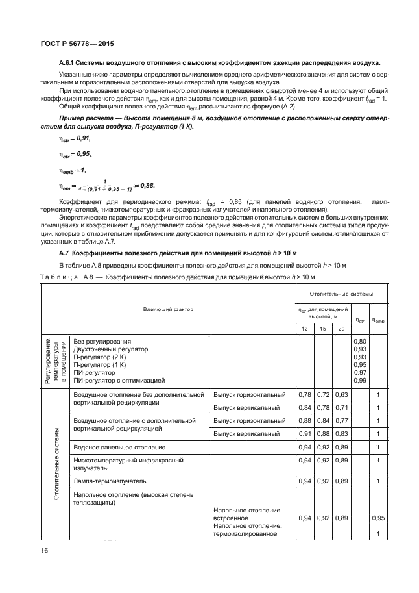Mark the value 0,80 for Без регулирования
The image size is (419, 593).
[359, 341]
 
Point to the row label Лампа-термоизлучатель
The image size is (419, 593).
[110, 481]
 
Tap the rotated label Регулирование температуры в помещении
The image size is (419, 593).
[55, 360]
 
